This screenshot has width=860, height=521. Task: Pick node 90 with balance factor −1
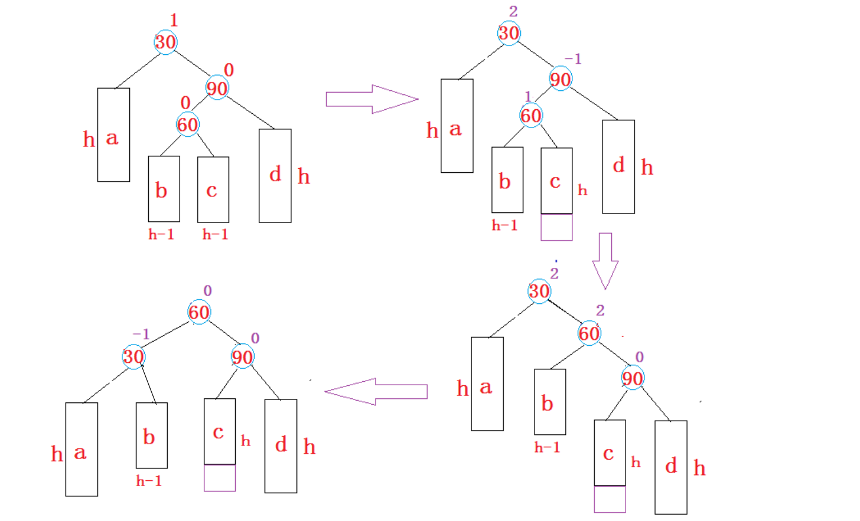(560, 79)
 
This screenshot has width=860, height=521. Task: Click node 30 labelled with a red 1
(165, 42)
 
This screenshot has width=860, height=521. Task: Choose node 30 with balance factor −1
(133, 356)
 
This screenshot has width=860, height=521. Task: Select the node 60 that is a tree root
(199, 312)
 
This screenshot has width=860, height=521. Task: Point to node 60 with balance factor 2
(589, 333)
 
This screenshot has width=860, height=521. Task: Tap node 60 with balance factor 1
(530, 115)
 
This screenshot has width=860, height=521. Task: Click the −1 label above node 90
(573, 59)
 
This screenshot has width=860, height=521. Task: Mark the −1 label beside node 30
(141, 334)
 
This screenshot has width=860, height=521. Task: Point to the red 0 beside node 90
(229, 70)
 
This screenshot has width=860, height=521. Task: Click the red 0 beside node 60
(185, 103)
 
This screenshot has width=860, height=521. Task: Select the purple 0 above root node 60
(207, 291)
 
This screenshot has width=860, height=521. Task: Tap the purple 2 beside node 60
(600, 310)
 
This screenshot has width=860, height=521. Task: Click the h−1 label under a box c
(215, 235)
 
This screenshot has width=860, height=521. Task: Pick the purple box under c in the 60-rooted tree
(220, 478)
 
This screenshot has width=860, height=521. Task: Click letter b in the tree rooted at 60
(149, 437)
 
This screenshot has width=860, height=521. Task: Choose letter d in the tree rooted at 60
(281, 444)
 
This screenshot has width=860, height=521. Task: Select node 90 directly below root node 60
(242, 356)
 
